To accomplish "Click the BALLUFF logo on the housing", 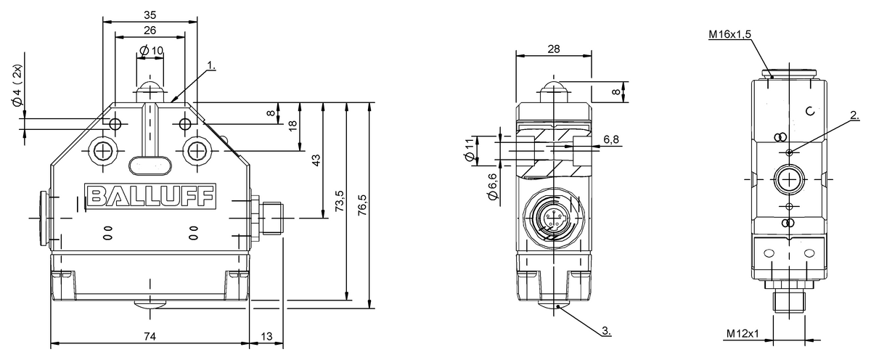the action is point(150,195).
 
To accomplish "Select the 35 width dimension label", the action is point(150,15).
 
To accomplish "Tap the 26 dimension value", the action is point(150,30).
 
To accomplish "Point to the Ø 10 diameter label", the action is point(151,51).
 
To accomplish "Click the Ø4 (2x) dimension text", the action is point(18,85).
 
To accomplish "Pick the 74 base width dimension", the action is point(150,336).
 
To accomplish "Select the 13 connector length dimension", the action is point(267,336).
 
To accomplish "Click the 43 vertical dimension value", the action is point(316,160).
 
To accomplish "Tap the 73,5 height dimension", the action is point(340,200).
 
